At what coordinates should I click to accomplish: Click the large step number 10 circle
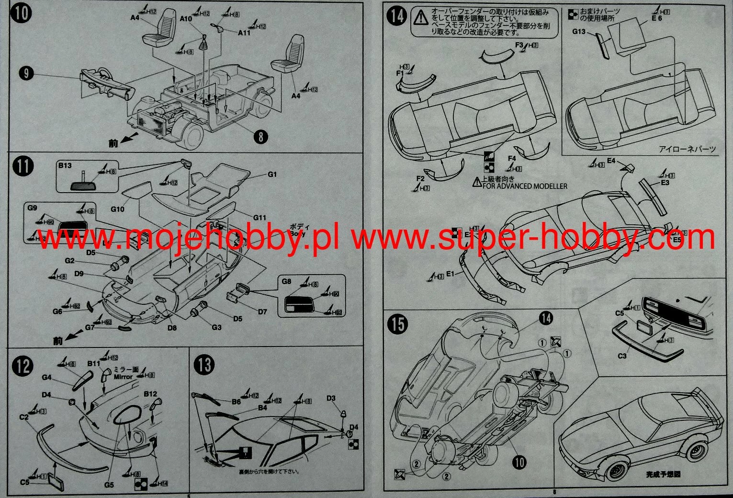(x=22, y=13)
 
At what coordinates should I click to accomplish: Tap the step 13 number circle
(x=204, y=365)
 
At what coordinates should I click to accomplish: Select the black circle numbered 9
(x=26, y=73)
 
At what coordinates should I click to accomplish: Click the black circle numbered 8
(x=260, y=137)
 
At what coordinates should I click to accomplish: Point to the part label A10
(x=186, y=19)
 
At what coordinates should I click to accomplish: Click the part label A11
(x=244, y=33)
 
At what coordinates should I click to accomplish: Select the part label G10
(x=117, y=209)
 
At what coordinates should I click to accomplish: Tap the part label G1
(x=272, y=174)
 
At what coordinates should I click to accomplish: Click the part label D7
(x=262, y=312)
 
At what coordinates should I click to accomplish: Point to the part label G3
(x=216, y=327)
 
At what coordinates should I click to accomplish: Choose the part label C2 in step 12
(x=24, y=417)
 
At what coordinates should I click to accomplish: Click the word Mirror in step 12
(x=123, y=377)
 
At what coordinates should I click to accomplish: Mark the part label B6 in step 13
(x=237, y=402)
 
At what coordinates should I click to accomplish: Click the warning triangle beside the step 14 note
(x=421, y=18)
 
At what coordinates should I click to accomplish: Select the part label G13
(x=579, y=32)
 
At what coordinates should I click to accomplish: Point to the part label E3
(x=665, y=183)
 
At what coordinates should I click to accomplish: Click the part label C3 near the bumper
(x=622, y=356)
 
